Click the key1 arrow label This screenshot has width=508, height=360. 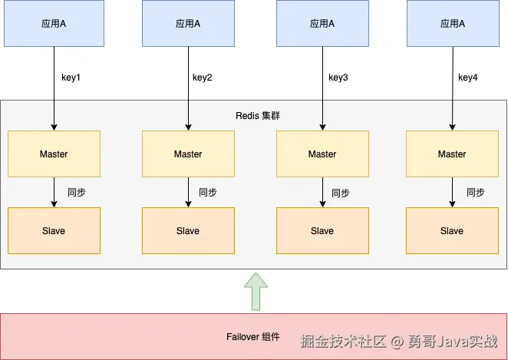[x=71, y=78]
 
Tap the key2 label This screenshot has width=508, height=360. [x=202, y=78]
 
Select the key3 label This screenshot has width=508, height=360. [x=338, y=78]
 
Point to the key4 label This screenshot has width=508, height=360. [x=468, y=78]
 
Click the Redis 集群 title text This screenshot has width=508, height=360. [x=258, y=116]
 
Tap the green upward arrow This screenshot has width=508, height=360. [x=256, y=292]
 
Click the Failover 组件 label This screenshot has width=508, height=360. [x=252, y=337]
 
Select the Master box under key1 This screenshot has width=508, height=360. [x=54, y=154]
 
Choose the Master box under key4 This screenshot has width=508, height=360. [x=452, y=154]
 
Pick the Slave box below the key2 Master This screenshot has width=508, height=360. [x=188, y=231]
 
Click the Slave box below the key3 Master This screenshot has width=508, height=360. [x=322, y=231]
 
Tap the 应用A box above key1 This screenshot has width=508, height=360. [x=54, y=23]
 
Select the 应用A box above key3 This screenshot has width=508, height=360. [x=322, y=23]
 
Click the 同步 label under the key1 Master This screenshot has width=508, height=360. [x=77, y=193]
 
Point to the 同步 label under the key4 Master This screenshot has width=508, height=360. [x=476, y=193]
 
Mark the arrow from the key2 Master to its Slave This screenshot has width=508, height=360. [x=188, y=192]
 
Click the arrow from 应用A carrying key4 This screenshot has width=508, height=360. [x=453, y=88]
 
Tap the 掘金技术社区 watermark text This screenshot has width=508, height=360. [x=343, y=342]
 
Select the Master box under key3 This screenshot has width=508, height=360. [x=322, y=154]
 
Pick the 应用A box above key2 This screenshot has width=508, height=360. [x=188, y=23]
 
